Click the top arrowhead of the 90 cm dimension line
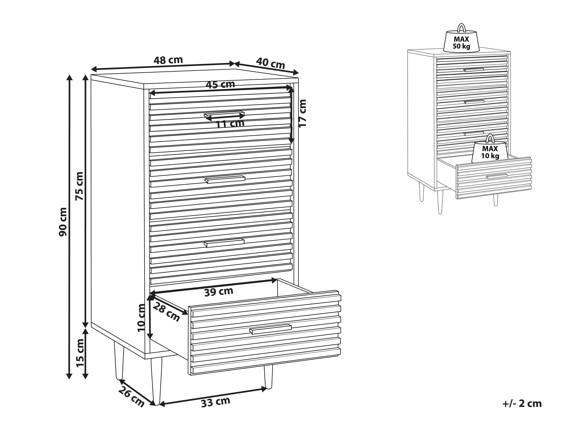[x=69, y=78]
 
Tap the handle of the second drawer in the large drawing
[x=225, y=179]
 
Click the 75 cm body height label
[x=79, y=186]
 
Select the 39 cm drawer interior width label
[x=219, y=292]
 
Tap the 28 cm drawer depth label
[x=166, y=312]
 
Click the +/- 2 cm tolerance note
[x=522, y=404]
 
